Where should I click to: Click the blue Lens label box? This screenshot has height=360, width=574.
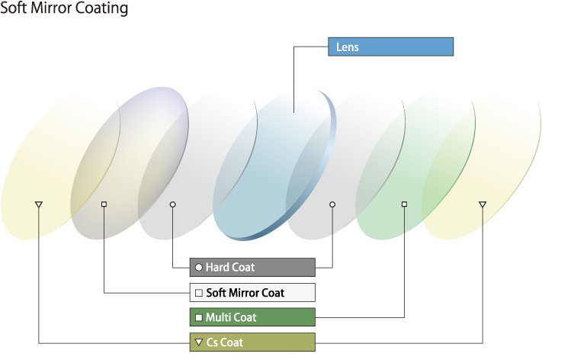pyautogui.click(x=390, y=47)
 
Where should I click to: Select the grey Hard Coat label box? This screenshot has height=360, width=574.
pyautogui.click(x=252, y=267)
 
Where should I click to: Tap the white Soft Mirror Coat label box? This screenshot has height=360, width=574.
pyautogui.click(x=252, y=292)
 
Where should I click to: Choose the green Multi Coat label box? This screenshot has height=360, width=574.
pyautogui.click(x=252, y=317)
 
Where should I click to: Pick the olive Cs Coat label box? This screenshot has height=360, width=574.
pyautogui.click(x=252, y=342)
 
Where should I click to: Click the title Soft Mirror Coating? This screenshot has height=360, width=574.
pyautogui.click(x=64, y=9)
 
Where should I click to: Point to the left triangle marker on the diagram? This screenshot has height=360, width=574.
pyautogui.click(x=39, y=204)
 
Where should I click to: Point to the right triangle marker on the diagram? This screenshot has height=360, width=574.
pyautogui.click(x=482, y=204)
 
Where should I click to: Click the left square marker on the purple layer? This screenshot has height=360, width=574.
pyautogui.click(x=104, y=204)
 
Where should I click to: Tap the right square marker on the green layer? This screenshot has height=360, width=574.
pyautogui.click(x=404, y=204)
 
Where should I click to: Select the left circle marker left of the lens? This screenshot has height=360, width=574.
pyautogui.click(x=172, y=204)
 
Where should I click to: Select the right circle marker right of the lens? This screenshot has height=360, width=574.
pyautogui.click(x=332, y=204)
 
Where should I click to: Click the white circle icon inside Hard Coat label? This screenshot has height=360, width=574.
pyautogui.click(x=199, y=268)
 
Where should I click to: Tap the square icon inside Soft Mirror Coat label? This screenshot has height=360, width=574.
pyautogui.click(x=199, y=293)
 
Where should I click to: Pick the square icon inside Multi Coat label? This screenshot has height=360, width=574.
pyautogui.click(x=199, y=317)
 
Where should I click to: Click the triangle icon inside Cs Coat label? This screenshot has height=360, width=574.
pyautogui.click(x=199, y=342)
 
